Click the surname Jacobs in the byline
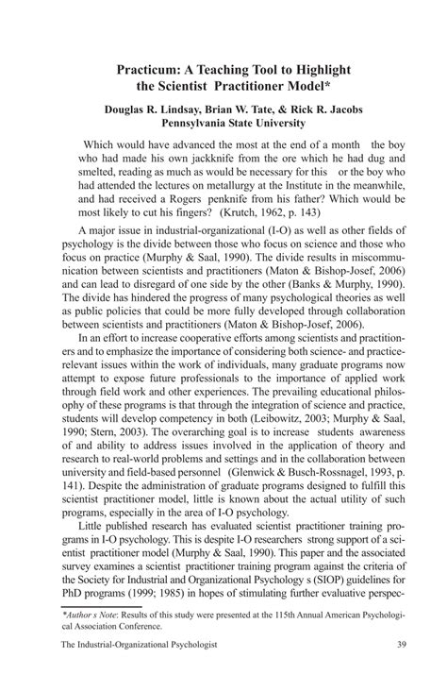[333, 110]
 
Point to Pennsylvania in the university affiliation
[202, 123]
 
